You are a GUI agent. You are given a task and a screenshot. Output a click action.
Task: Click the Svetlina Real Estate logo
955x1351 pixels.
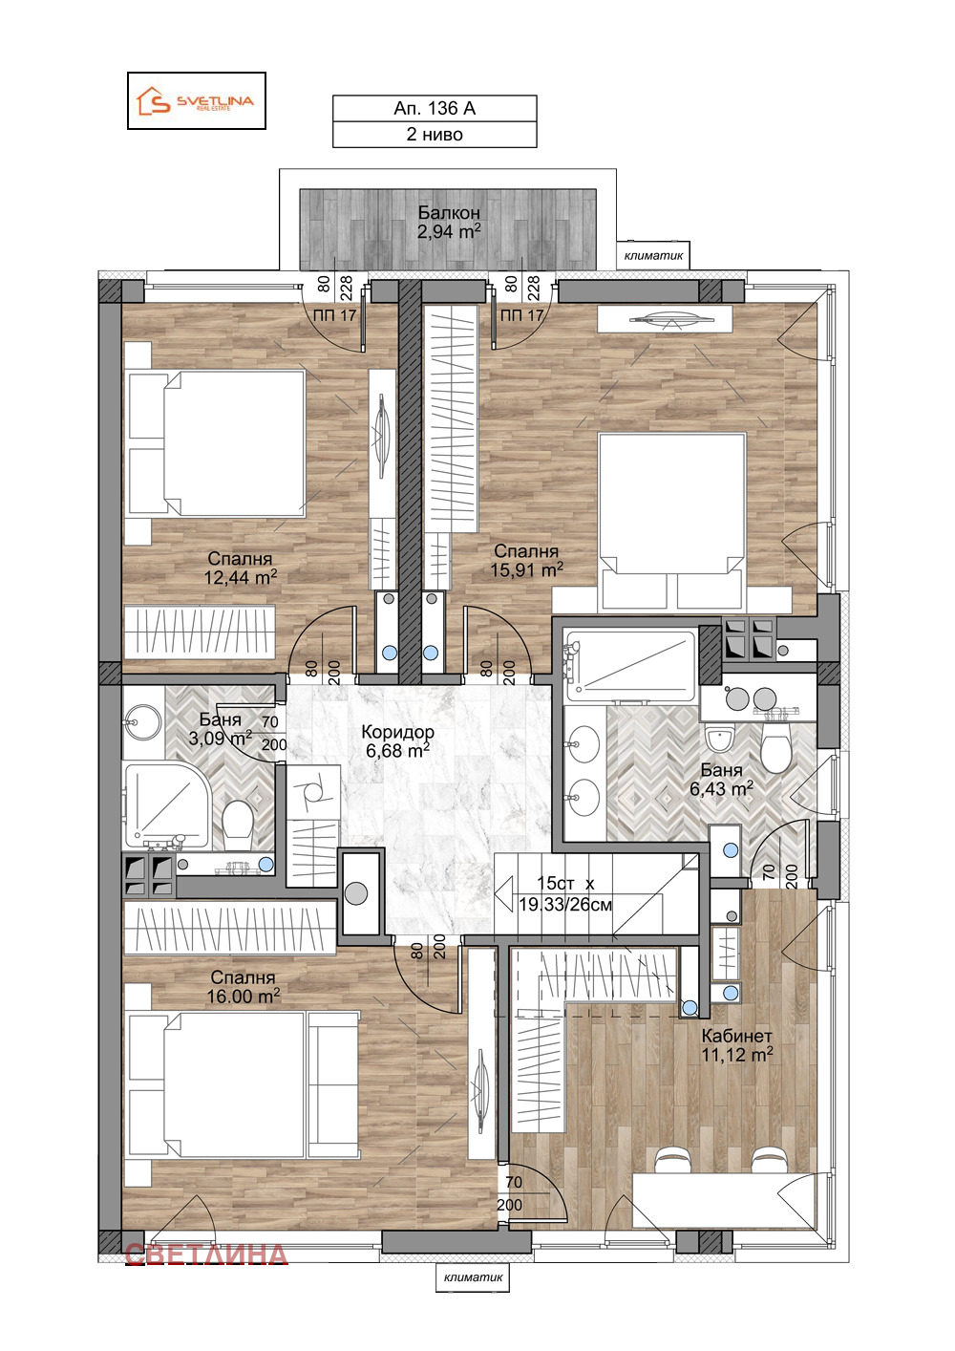click(x=196, y=100)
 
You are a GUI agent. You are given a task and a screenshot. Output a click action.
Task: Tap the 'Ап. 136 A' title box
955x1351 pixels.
click(x=435, y=109)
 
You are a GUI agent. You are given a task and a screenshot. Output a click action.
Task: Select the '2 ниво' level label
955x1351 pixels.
click(x=435, y=135)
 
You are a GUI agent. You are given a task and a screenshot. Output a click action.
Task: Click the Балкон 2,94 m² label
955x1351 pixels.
click(x=449, y=222)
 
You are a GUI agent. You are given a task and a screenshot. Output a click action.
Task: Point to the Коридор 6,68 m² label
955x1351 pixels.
click(x=397, y=740)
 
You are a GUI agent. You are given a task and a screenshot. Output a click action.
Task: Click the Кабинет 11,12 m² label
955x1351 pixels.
click(x=736, y=1045)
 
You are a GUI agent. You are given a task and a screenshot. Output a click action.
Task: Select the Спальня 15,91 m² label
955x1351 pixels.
click(x=526, y=560)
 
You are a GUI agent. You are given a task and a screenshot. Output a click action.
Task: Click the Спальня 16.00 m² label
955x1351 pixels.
click(x=243, y=987)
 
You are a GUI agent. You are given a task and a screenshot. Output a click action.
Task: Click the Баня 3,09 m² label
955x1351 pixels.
click(x=220, y=729)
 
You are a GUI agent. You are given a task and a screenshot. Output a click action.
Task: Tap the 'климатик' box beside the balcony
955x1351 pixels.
click(x=653, y=255)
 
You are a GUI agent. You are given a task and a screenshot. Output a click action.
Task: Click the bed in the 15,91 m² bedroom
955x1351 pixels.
click(x=671, y=521)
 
